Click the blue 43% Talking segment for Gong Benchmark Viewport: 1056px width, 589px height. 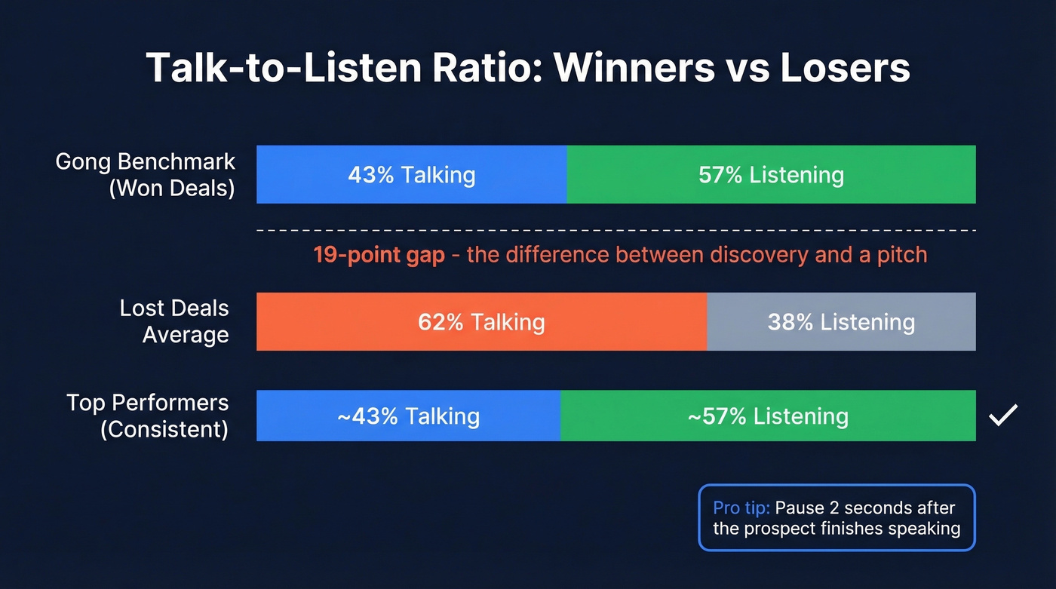tap(411, 175)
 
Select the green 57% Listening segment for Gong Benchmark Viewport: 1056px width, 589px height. tap(771, 175)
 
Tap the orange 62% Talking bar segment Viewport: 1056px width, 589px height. tap(481, 322)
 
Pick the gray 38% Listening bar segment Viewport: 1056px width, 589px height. tap(841, 322)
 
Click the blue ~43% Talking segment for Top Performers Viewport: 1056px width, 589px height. tap(408, 416)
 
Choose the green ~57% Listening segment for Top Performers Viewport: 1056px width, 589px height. tap(768, 416)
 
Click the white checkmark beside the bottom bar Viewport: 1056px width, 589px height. tap(1003, 415)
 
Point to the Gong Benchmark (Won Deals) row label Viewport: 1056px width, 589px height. tap(146, 174)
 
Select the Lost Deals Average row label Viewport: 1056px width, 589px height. tap(174, 321)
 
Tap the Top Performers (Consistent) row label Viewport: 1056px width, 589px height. tap(148, 416)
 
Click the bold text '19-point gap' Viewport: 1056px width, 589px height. tap(379, 254)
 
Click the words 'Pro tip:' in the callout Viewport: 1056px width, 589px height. tap(741, 508)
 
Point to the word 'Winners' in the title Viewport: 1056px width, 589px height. tap(634, 68)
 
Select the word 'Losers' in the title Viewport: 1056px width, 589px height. tap(845, 68)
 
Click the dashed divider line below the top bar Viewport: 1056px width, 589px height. tap(615, 229)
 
